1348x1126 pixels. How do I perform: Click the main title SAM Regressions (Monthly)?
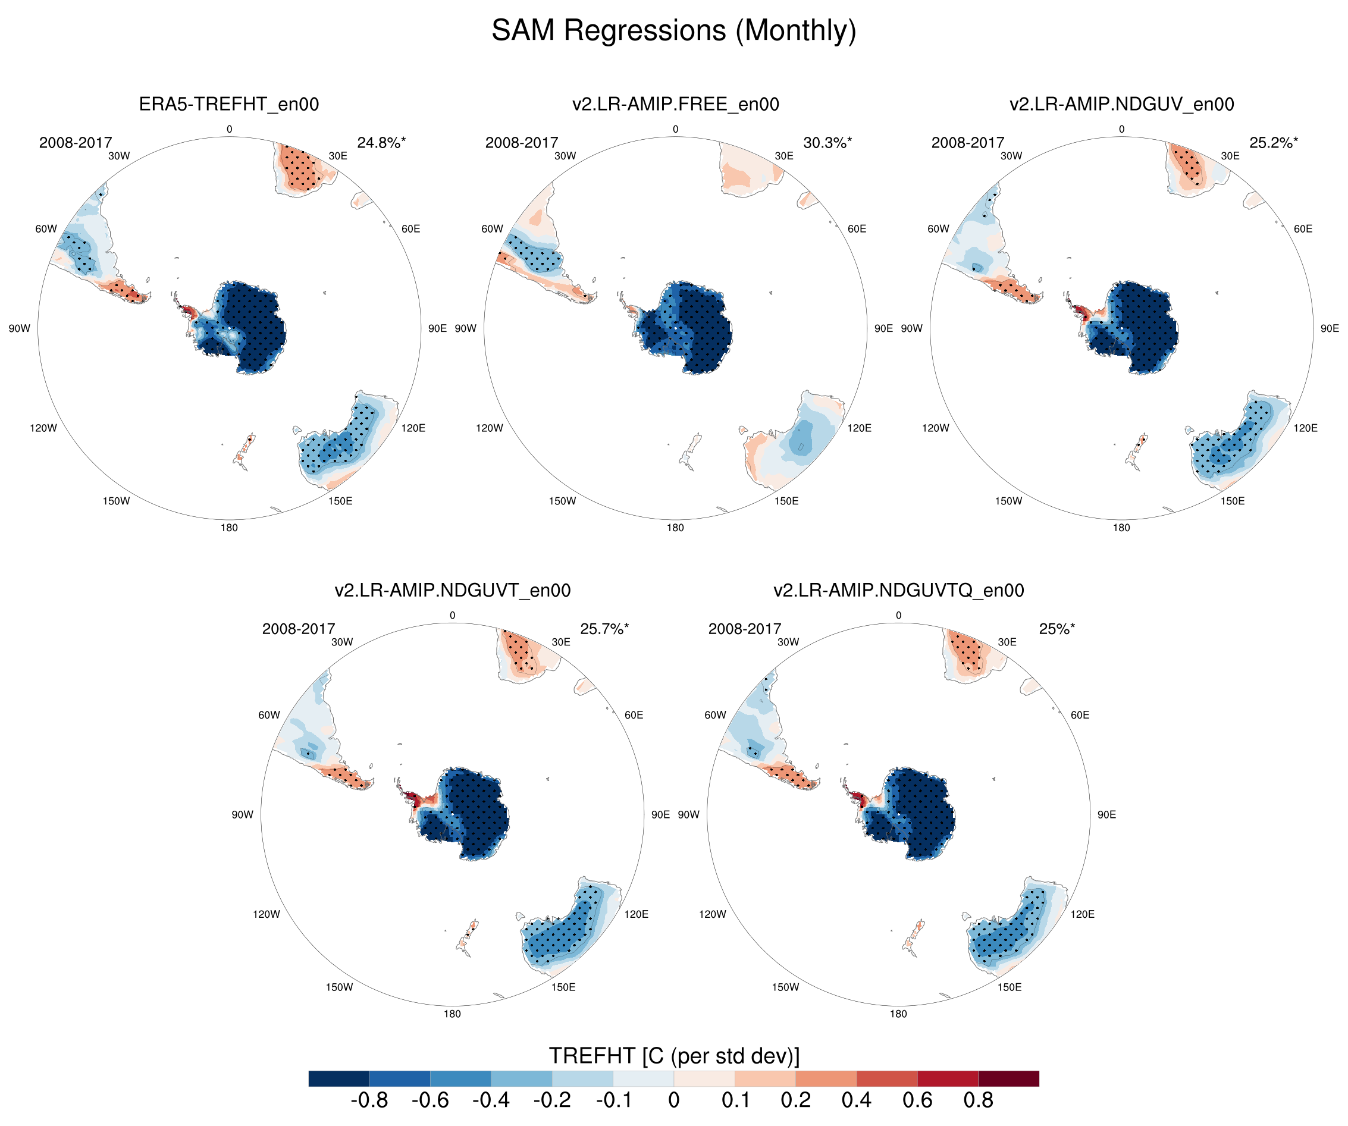coord(673,30)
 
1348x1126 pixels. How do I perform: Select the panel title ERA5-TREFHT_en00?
coord(228,104)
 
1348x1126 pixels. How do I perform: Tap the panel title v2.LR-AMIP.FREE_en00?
coord(675,104)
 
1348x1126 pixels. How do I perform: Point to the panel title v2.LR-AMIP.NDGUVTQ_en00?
coord(898,590)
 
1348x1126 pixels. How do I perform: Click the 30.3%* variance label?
coord(827,143)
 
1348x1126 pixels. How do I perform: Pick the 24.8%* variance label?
coord(381,143)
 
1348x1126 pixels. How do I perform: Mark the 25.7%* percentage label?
coord(604,629)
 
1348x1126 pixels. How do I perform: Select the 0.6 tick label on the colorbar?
coord(917,1100)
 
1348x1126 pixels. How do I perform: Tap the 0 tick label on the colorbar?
coord(673,1100)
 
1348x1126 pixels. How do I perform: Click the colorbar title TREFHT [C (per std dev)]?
coord(673,1056)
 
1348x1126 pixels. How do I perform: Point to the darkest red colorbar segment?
coord(1008,1078)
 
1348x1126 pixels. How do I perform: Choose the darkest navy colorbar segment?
coord(338,1078)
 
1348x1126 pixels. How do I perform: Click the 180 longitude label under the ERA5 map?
coord(229,528)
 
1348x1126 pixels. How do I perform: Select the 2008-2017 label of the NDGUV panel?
coord(967,143)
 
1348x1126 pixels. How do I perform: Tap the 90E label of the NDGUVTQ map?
coord(1106,815)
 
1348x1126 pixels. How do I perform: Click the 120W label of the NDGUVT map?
coord(267,914)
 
